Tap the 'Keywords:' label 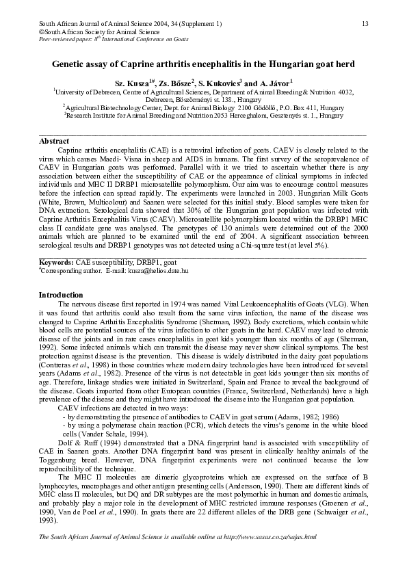56,262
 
